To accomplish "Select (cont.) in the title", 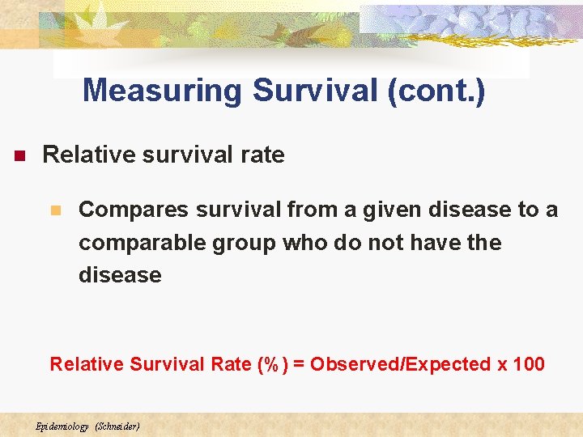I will (x=436, y=91).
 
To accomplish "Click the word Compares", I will (x=130, y=210).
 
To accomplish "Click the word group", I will (x=244, y=243).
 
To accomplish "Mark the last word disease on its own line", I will (x=120, y=275).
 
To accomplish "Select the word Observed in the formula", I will (x=347, y=364).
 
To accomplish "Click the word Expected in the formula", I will (x=449, y=364).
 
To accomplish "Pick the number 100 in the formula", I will (x=529, y=364).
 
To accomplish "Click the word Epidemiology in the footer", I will (x=62, y=426).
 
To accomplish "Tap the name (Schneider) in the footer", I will (x=117, y=426).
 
